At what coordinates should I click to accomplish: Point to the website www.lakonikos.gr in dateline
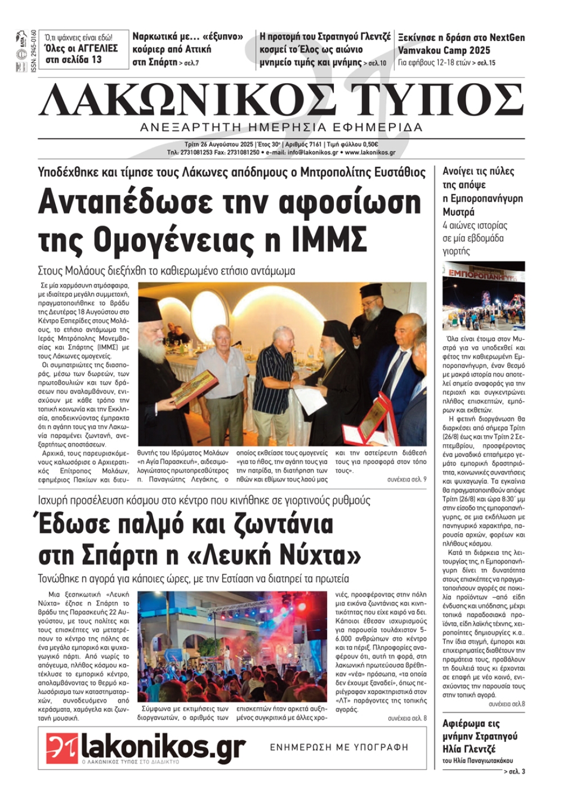(x=370, y=153)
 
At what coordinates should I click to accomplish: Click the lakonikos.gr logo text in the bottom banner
(x=163, y=747)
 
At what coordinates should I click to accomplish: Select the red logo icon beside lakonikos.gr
(x=62, y=747)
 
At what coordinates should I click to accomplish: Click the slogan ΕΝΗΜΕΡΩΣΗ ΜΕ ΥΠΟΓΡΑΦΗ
(x=339, y=747)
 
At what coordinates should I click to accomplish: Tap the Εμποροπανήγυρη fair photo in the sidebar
(x=484, y=296)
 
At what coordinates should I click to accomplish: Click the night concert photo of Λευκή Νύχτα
(x=232, y=645)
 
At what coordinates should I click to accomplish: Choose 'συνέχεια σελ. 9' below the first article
(x=406, y=479)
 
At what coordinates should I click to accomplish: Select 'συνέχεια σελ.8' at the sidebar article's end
(x=507, y=704)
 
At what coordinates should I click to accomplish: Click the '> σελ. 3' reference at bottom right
(x=514, y=771)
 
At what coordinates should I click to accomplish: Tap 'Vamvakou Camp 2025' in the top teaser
(x=444, y=50)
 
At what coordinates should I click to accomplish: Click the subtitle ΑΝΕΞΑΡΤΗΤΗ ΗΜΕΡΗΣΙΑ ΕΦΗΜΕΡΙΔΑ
(x=281, y=127)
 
